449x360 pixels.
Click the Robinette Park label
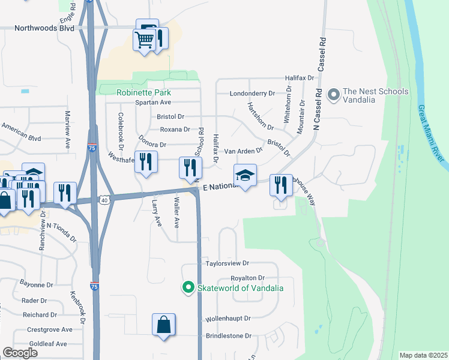pyautogui.click(x=144, y=92)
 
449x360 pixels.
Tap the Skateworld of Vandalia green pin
pyautogui.click(x=188, y=288)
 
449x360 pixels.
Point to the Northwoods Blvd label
pyautogui.click(x=44, y=28)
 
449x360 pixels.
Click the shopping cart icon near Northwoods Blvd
pyautogui.click(x=145, y=40)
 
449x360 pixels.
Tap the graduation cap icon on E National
pyautogui.click(x=245, y=175)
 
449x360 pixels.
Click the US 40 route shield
pyautogui.click(x=104, y=200)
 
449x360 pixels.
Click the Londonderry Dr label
pyautogui.click(x=252, y=94)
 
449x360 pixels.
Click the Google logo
pyautogui.click(x=20, y=353)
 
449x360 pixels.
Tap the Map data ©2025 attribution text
pyautogui.click(x=423, y=355)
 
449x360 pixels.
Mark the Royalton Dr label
pyautogui.click(x=248, y=278)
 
